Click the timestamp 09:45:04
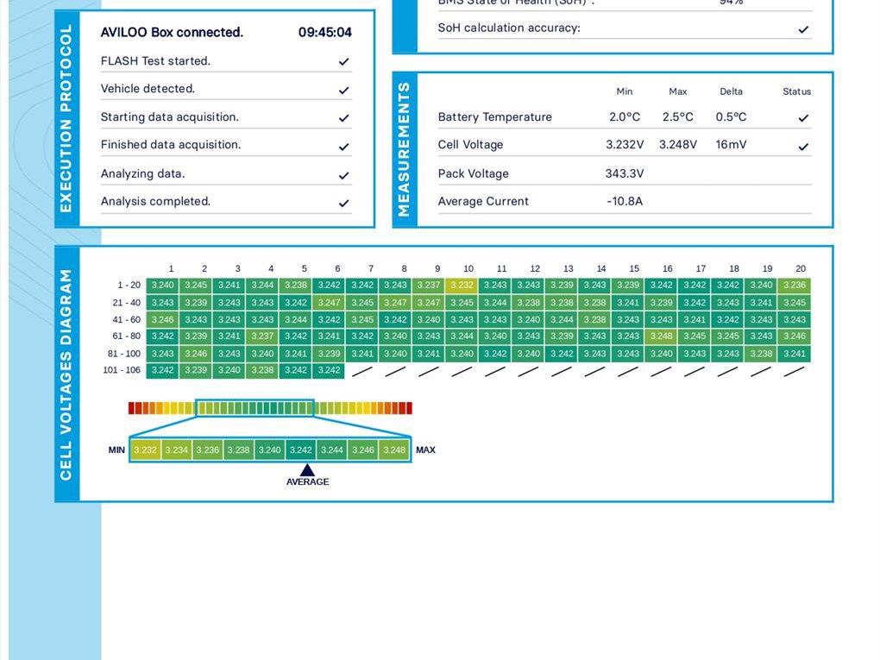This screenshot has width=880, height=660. tap(325, 33)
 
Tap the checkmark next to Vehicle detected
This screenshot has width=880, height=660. tap(343, 90)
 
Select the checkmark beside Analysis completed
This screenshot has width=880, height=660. tap(343, 204)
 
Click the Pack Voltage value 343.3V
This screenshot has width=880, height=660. tap(625, 173)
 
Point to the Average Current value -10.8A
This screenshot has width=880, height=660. tap(625, 201)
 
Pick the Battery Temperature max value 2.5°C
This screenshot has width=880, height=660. tap(677, 117)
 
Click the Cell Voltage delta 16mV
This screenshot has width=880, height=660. tap(731, 145)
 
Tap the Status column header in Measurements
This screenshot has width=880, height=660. tap(796, 91)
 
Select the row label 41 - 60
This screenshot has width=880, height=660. tap(126, 319)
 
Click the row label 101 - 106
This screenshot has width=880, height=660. tap(122, 370)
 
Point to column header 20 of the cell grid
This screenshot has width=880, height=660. tap(801, 269)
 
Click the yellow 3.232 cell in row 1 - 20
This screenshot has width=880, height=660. tap(462, 286)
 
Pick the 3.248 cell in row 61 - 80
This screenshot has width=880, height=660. tap(662, 336)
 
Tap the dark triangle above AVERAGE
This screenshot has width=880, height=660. tap(307, 469)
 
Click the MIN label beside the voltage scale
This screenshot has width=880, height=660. tap(116, 450)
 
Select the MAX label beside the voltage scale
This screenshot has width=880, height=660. tap(425, 450)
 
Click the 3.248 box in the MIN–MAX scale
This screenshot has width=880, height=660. tap(394, 450)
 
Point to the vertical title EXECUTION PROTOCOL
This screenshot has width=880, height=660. tap(66, 119)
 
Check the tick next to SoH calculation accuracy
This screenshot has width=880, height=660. tap(803, 29)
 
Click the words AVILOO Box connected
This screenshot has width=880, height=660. tap(172, 33)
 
